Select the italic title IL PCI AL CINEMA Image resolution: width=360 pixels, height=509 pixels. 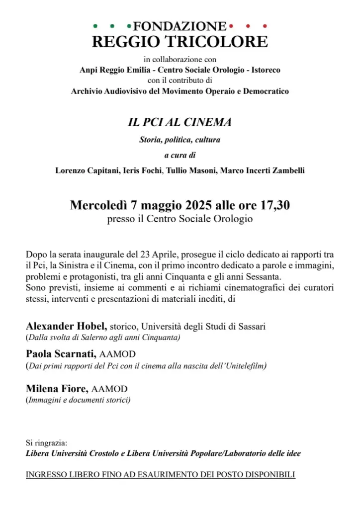click(x=180, y=122)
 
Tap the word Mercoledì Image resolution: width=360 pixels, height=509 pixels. click(x=99, y=205)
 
